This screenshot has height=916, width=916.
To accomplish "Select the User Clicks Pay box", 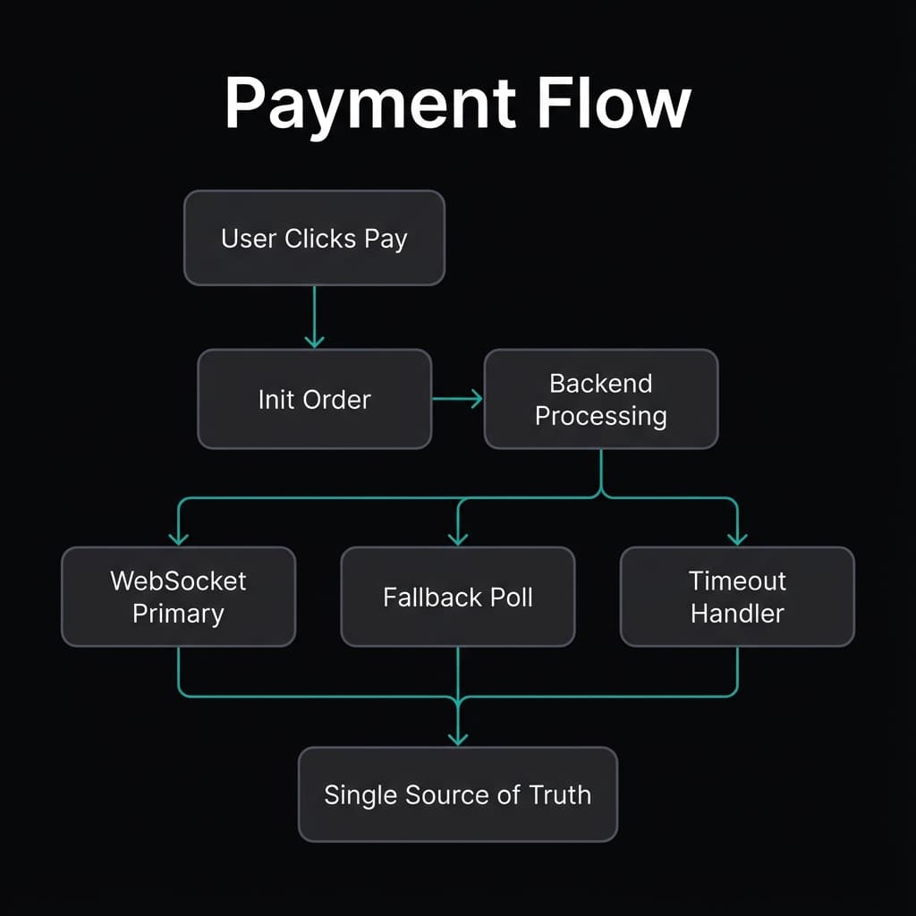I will tap(314, 238).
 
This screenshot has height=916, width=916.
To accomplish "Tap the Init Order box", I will tap(314, 399).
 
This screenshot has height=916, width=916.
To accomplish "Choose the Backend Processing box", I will tap(600, 399).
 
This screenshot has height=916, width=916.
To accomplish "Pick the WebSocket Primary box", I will tap(178, 597).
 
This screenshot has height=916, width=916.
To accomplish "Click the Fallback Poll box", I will tap(457, 597).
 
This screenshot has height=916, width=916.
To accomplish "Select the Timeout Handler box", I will tap(737, 597).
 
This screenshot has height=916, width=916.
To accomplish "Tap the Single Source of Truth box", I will tap(457, 794).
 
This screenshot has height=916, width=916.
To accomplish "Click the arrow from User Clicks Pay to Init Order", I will tap(314, 318).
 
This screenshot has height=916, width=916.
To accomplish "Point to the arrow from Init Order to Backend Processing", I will tap(458, 399).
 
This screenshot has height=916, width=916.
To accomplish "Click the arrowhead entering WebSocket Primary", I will tap(179, 538).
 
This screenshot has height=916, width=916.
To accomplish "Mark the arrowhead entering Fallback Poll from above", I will tap(458, 538).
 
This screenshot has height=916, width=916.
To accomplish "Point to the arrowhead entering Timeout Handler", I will tap(737, 538).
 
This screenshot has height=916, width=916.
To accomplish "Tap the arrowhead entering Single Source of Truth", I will tap(458, 737).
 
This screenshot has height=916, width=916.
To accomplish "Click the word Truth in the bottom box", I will tap(560, 794).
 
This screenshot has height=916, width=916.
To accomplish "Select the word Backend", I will tap(600, 384).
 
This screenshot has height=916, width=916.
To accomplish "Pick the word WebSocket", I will tap(178, 581).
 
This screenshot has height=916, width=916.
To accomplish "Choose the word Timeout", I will tap(737, 581).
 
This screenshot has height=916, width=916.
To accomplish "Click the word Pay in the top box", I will tap(386, 240).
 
